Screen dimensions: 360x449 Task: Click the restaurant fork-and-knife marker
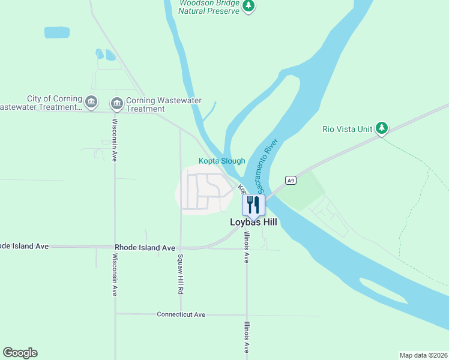point(253,205)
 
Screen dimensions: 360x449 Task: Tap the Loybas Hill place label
point(253,222)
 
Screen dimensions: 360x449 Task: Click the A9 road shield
point(291,180)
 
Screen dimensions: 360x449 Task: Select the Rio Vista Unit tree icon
point(381,128)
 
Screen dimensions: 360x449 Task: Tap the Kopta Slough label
point(221,161)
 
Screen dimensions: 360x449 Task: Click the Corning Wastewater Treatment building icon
point(117,104)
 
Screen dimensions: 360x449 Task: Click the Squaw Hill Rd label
point(180,274)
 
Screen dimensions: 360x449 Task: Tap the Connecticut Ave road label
point(181,314)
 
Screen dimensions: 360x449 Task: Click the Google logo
point(20,353)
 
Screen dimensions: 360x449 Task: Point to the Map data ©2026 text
point(423,355)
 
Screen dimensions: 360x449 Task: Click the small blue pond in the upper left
point(57,32)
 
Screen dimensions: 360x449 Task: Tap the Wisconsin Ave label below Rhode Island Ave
point(114,274)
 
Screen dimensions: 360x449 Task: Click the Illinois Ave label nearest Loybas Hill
point(246,248)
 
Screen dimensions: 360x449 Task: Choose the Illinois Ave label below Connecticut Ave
point(246,339)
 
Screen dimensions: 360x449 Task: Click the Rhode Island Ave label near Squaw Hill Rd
point(145,247)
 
